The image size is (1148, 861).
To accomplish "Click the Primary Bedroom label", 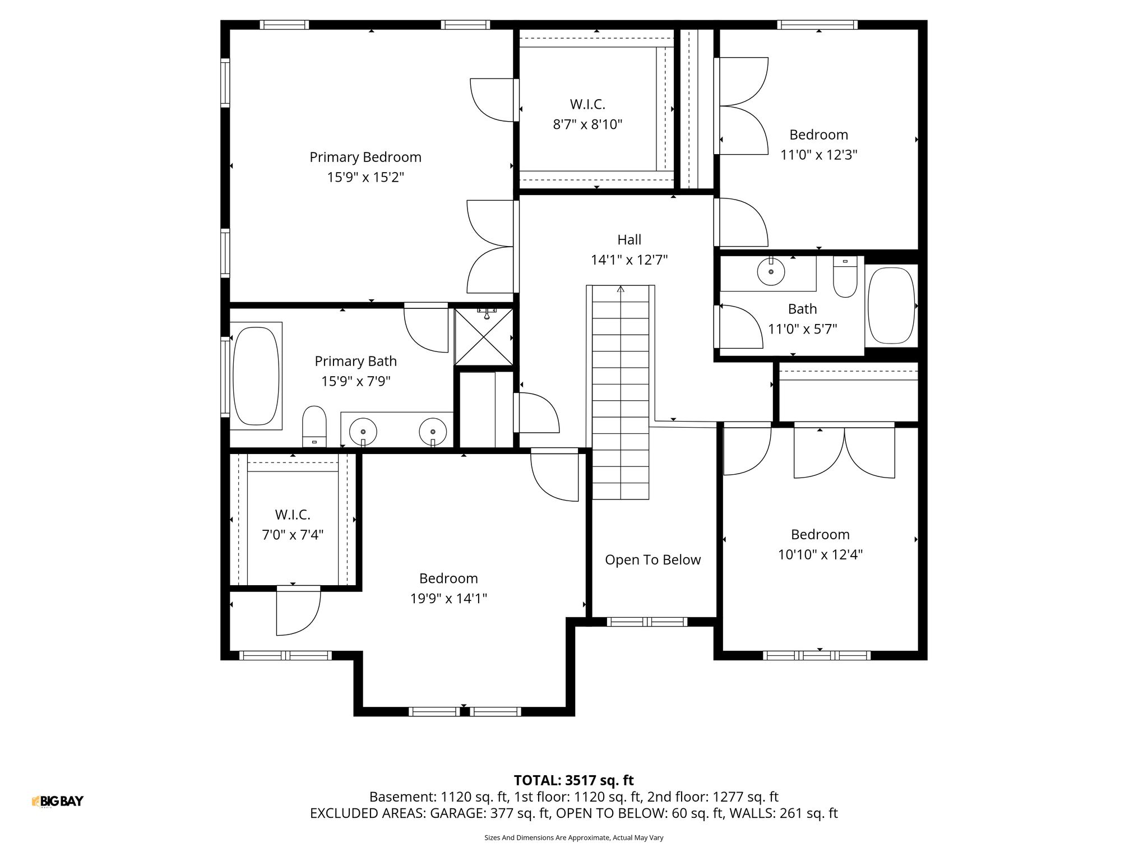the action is click(365, 157).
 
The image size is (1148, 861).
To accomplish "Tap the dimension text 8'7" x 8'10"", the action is click(587, 124).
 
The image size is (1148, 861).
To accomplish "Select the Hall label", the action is click(629, 240).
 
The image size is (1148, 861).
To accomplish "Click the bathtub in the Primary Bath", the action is click(256, 376).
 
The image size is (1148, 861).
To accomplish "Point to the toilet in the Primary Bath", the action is click(314, 426).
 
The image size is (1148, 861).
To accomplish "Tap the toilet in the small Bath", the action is click(845, 277).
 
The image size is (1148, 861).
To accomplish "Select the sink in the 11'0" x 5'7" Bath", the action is click(771, 271).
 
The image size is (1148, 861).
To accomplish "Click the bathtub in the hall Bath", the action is click(891, 305).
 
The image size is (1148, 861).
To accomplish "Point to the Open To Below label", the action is click(652, 560).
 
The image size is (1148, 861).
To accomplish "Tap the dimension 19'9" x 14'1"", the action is click(448, 599).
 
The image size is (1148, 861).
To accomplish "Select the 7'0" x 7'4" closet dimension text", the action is click(293, 535).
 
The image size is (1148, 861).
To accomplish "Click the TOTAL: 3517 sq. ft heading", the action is click(573, 780).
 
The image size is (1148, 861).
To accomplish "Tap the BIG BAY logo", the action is click(58, 802).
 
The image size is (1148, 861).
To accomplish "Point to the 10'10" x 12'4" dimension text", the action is click(820, 555).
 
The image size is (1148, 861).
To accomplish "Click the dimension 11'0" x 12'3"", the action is click(819, 155).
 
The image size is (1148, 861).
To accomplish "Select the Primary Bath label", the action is click(355, 362).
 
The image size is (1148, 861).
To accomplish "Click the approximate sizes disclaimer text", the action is click(573, 838).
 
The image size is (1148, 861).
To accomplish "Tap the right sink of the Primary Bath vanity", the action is click(433, 432).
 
